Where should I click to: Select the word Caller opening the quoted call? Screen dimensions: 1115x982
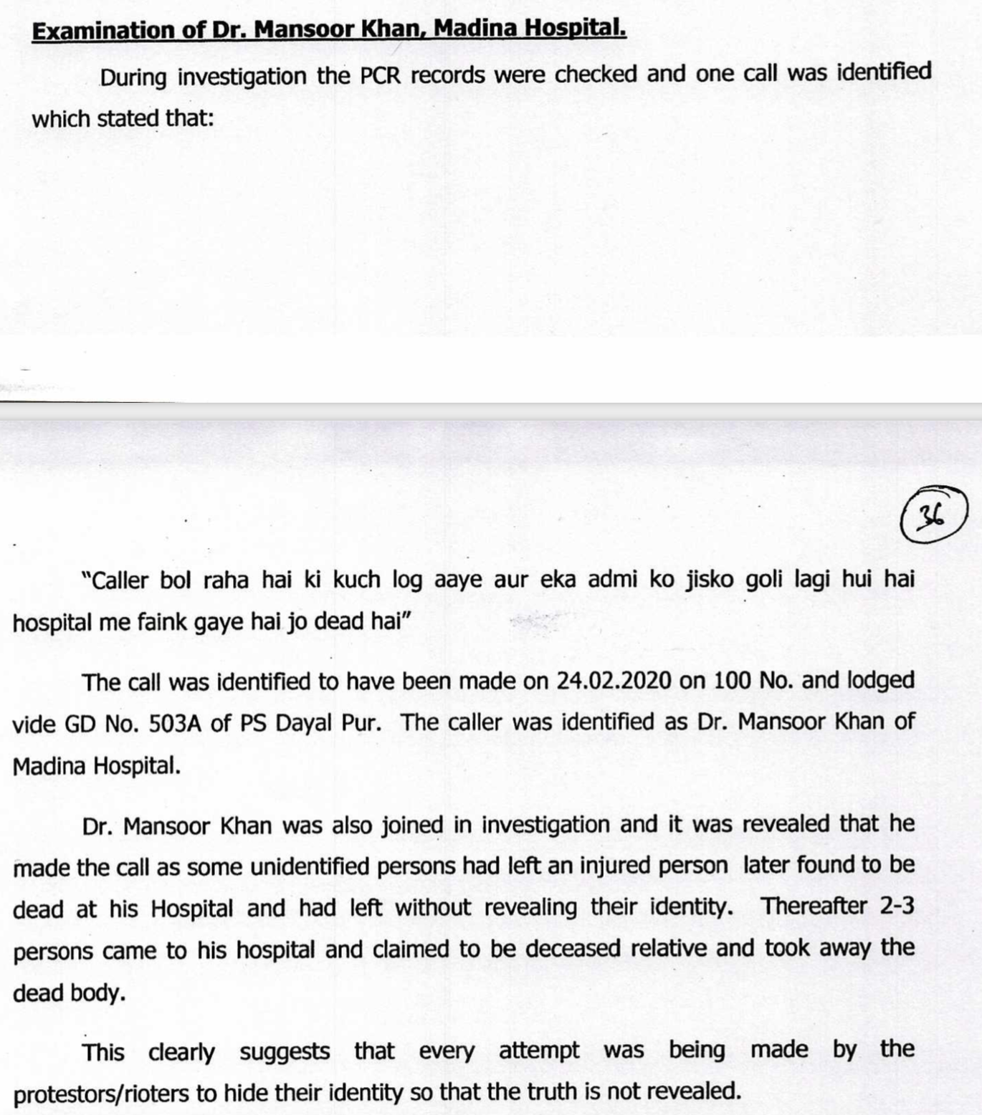pos(116,580)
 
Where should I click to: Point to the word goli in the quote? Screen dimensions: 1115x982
pos(766,579)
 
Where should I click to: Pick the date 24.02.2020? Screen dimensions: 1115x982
pos(614,680)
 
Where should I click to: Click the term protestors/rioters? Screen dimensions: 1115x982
pos(102,1094)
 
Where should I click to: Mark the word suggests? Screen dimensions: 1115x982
pos(285,1052)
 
